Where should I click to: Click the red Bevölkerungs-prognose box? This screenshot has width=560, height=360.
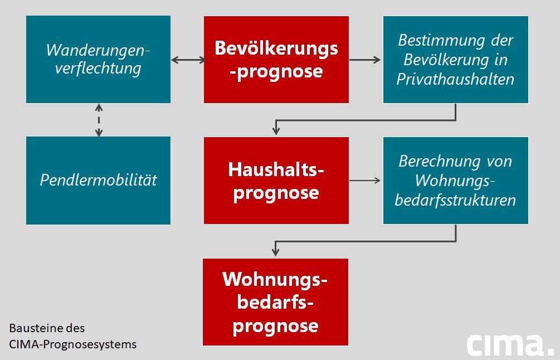(276, 60)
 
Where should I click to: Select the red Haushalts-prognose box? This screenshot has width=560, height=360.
(276, 181)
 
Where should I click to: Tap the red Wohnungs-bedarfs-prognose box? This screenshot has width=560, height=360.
(276, 301)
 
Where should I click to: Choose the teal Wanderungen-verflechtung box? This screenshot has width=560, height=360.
(98, 60)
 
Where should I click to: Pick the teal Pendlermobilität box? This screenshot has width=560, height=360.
(98, 180)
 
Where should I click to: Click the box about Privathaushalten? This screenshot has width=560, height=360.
(455, 60)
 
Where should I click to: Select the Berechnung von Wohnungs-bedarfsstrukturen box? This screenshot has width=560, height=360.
(455, 181)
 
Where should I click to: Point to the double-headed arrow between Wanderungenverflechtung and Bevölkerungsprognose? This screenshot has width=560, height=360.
(188, 60)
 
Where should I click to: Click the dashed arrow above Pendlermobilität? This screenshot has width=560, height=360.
(99, 120)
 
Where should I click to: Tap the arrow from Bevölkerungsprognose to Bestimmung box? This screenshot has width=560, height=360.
(366, 60)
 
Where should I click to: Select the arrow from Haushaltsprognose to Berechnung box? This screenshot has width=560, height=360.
(366, 181)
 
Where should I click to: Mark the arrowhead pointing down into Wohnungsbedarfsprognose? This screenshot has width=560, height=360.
(275, 252)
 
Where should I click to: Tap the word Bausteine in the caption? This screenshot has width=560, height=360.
(30, 328)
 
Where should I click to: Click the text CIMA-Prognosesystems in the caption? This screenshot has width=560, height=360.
(72, 344)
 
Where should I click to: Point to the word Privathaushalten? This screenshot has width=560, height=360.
(455, 79)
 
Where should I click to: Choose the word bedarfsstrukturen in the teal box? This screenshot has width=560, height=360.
(455, 200)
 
